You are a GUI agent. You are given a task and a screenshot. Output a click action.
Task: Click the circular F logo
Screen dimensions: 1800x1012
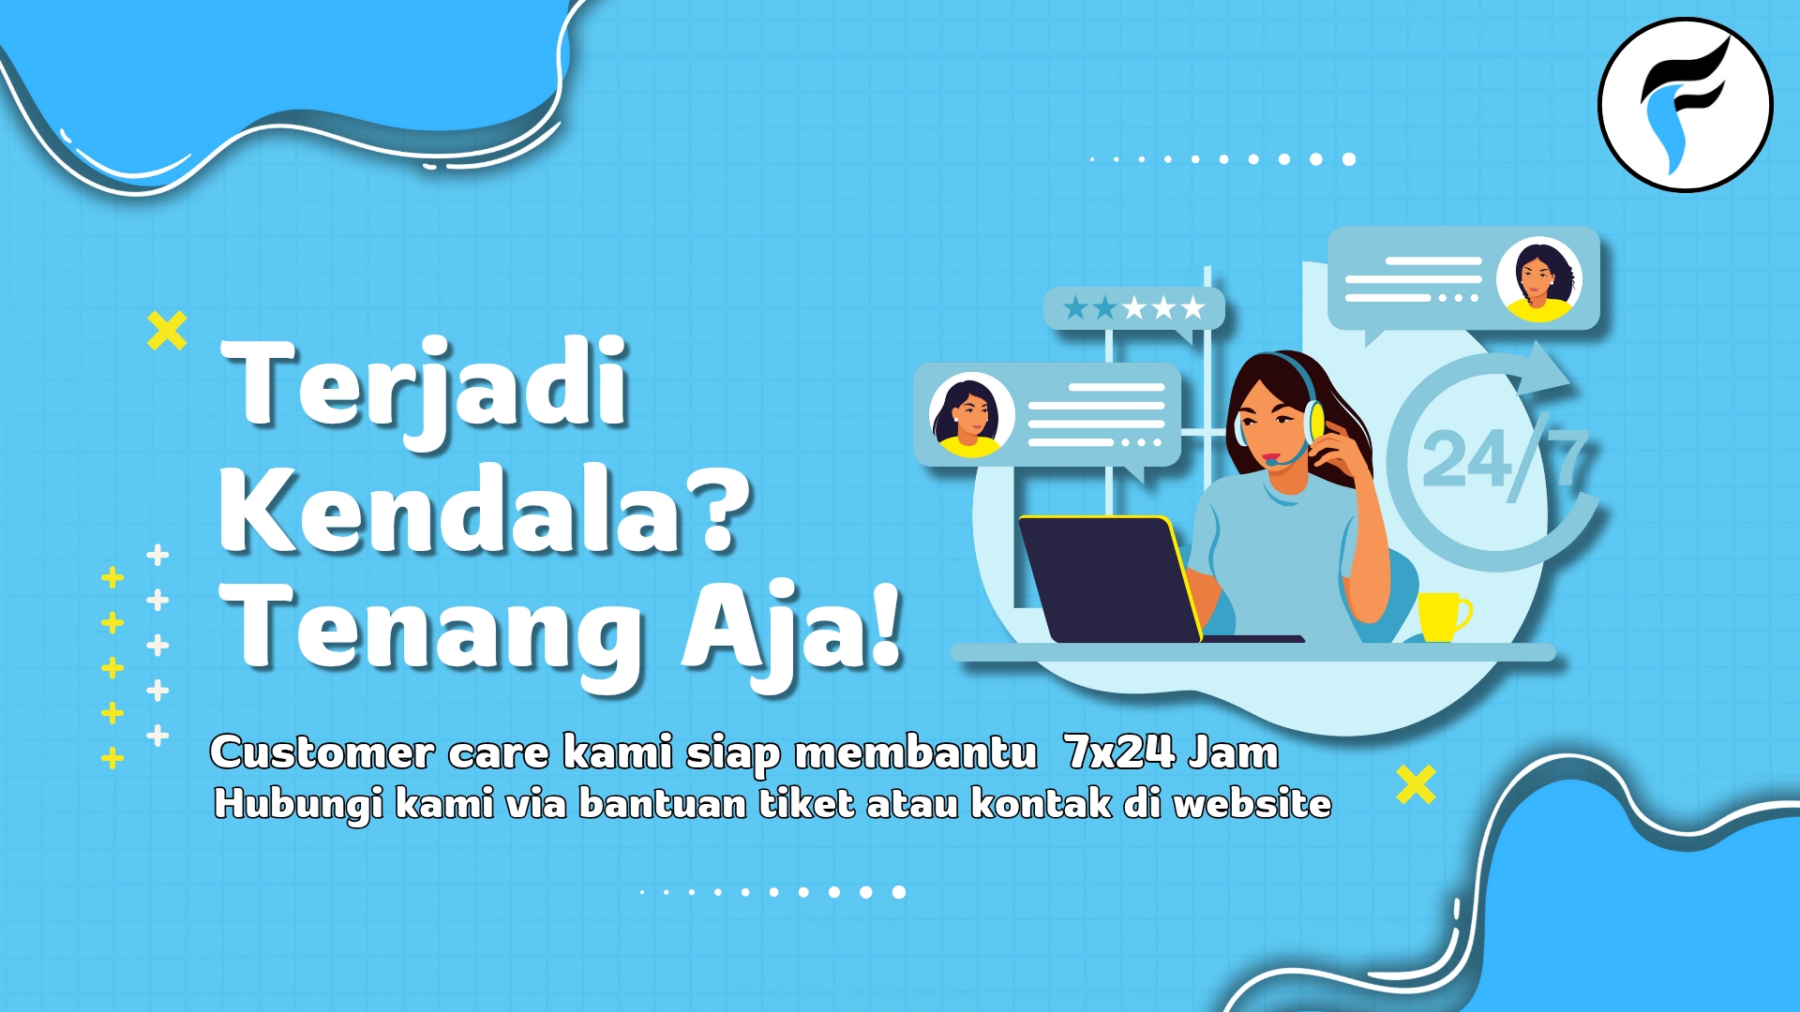(x=1685, y=105)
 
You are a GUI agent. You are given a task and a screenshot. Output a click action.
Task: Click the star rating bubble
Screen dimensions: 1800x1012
(x=1134, y=308)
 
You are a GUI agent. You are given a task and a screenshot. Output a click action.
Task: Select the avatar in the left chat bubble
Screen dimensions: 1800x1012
(x=971, y=415)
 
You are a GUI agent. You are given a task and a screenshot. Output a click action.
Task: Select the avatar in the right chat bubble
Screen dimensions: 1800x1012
(x=1538, y=279)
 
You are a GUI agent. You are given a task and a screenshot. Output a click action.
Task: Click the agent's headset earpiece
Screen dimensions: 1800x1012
(x=1314, y=423)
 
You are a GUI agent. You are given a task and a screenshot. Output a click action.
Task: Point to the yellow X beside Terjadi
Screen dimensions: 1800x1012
(x=167, y=331)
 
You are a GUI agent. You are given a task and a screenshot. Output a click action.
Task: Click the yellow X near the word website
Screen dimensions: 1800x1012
(x=1416, y=784)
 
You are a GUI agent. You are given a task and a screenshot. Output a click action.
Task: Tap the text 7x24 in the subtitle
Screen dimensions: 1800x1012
(x=1120, y=752)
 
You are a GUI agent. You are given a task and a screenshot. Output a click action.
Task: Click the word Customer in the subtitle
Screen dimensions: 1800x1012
(x=322, y=752)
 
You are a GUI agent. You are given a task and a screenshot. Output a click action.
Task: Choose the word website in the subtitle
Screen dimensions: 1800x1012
(x=1252, y=803)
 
